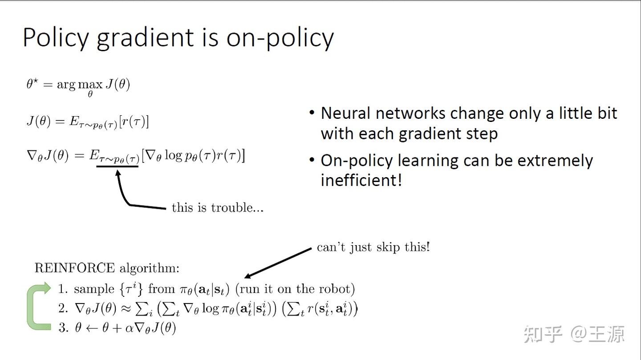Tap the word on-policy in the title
pyautogui.click(x=280, y=38)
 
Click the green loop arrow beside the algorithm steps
pyautogui.click(x=37, y=307)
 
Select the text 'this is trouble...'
pyautogui.click(x=218, y=207)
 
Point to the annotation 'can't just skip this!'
pyautogui.click(x=373, y=247)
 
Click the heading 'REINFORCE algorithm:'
pyautogui.click(x=107, y=268)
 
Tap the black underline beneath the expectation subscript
pyautogui.click(x=117, y=166)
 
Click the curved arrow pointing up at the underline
pyautogui.click(x=129, y=196)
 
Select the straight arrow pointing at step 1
pyautogui.click(x=278, y=263)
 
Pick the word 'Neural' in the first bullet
pyautogui.click(x=345, y=113)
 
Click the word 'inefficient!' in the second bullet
pyautogui.click(x=361, y=180)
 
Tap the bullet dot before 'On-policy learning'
pyautogui.click(x=312, y=160)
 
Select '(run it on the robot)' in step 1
pyautogui.click(x=295, y=289)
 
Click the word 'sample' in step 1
pyautogui.click(x=94, y=289)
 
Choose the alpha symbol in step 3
pyautogui.click(x=130, y=329)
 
